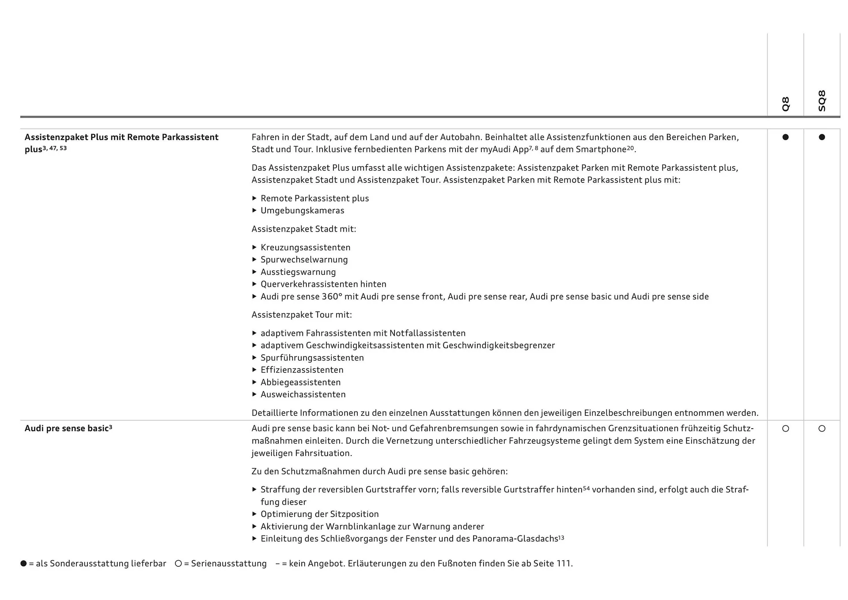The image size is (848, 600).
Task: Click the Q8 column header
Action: [x=785, y=104]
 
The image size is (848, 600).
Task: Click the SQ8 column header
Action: [x=821, y=101]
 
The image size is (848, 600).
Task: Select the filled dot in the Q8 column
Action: [x=785, y=137]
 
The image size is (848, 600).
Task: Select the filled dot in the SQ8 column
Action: [x=821, y=137]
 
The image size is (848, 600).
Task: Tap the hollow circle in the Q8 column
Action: [x=785, y=429]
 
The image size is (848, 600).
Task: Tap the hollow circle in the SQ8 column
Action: [x=821, y=429]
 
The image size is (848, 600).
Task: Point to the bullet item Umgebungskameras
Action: [x=302, y=211]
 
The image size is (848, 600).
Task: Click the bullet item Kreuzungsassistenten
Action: [x=305, y=247]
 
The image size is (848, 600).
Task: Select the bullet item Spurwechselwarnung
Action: [x=304, y=260]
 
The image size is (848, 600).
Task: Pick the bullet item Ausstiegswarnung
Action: [x=298, y=272]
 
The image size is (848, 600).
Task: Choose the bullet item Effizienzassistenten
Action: [x=302, y=370]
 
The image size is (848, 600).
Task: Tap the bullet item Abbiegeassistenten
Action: [x=300, y=382]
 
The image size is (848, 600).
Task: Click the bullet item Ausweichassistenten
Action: [x=303, y=395]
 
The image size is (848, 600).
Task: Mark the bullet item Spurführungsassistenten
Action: [x=312, y=358]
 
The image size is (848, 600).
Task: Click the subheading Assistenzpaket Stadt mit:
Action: [x=303, y=229]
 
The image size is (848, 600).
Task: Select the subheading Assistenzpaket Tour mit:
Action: [x=302, y=315]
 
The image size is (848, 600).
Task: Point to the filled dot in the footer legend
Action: [x=23, y=564]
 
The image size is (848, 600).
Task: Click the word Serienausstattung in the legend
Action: [x=229, y=564]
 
